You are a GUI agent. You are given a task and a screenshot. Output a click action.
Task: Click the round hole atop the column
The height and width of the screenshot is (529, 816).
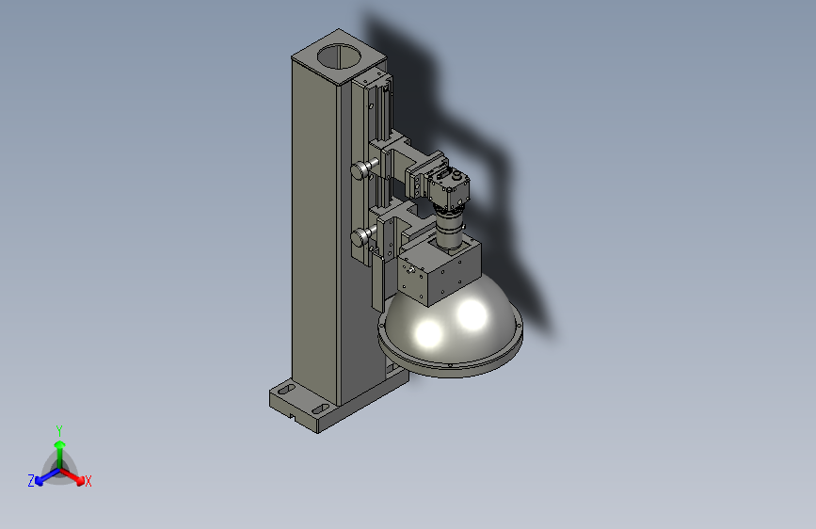[x=340, y=56]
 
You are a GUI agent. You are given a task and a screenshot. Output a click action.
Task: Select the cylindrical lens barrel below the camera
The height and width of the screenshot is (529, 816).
[x=450, y=227]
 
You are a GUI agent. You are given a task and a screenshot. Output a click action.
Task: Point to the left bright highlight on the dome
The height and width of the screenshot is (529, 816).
[x=429, y=333]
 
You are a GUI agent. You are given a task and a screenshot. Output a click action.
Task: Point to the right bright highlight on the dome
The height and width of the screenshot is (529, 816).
[x=472, y=314]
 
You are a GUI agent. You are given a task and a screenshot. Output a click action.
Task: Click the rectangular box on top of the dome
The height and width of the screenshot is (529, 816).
[x=440, y=271]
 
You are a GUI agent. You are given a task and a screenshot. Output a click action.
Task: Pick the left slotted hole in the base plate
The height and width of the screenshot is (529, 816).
[x=286, y=389]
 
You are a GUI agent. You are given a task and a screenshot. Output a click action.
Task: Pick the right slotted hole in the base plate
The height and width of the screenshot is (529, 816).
[x=321, y=409]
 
